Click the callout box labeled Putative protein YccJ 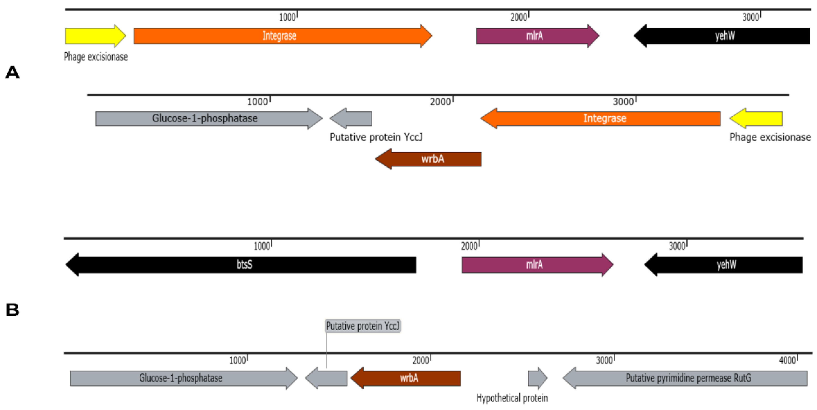[x=363, y=326]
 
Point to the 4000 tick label [x=787, y=360]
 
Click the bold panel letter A [x=12, y=73]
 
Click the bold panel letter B [x=12, y=310]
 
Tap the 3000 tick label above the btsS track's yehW [x=677, y=246]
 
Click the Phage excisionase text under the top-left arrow [x=96, y=57]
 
